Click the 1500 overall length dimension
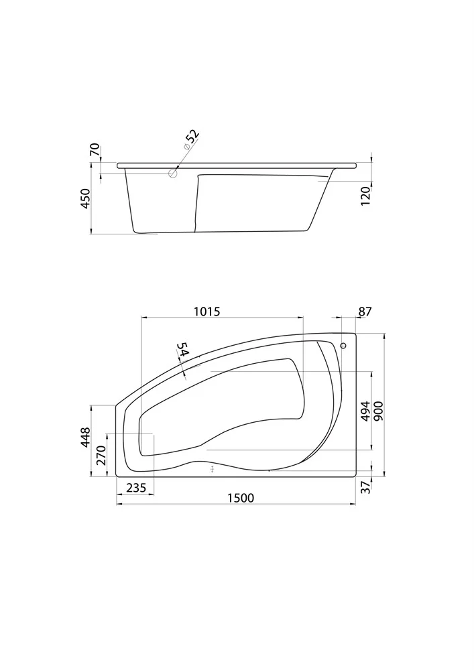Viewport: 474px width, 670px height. [240, 498]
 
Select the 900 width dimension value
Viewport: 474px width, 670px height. [379, 411]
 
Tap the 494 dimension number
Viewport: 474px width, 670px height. [365, 411]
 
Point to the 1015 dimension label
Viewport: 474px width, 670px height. [207, 312]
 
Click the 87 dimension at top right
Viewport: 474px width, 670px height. [365, 312]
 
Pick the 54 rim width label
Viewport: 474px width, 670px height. [184, 350]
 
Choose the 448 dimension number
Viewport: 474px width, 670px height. [86, 437]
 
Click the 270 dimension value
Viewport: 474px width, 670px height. [101, 456]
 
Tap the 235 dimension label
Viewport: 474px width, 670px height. [136, 488]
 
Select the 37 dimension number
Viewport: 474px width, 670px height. [365, 488]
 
